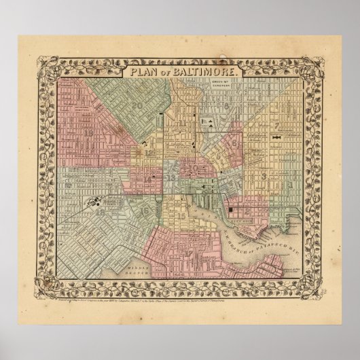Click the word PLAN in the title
140,71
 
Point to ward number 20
138,105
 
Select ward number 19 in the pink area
90,134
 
